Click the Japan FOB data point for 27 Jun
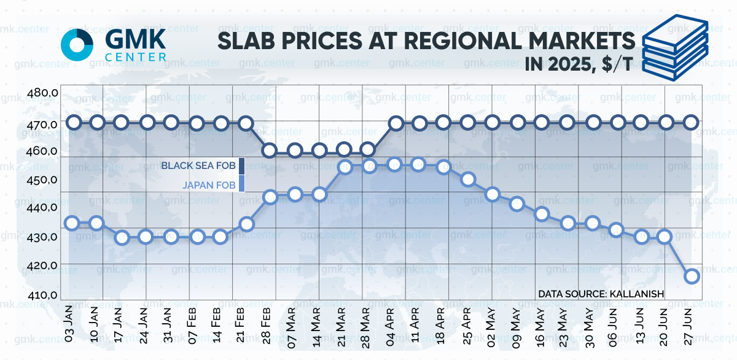(691, 276)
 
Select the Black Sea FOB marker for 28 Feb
(270, 150)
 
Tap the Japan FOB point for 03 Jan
(72, 223)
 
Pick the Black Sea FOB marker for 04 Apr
(396, 123)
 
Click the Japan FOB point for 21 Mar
(345, 167)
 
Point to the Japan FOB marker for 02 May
(493, 195)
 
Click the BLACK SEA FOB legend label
(198, 165)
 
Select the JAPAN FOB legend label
(209, 183)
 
